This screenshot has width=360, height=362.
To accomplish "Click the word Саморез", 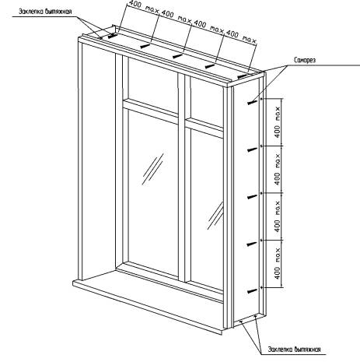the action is (x=305, y=60).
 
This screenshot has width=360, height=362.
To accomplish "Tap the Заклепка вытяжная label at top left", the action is (x=45, y=12).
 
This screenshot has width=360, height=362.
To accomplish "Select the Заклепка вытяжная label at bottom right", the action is (x=295, y=350).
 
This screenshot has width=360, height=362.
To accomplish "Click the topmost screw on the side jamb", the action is (x=253, y=102).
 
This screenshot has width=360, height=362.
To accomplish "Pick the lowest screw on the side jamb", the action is (x=253, y=291).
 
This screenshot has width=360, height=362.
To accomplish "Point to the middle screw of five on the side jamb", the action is (x=253, y=197).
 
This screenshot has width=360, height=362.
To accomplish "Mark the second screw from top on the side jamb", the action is (x=253, y=149).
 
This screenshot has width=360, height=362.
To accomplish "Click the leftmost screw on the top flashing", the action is (x=113, y=36).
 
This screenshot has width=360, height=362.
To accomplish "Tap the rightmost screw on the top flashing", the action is (x=243, y=76).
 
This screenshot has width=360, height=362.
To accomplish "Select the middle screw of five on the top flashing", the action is (x=177, y=56).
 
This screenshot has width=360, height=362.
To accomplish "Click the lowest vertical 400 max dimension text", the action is (x=278, y=264).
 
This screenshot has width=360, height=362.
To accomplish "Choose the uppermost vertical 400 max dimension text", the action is (x=278, y=122).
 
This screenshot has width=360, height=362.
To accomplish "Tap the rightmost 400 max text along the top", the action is (x=241, y=37).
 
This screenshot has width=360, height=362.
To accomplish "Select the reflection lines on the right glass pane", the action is (x=215, y=216).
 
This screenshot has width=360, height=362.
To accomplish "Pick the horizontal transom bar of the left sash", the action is (x=150, y=111).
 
